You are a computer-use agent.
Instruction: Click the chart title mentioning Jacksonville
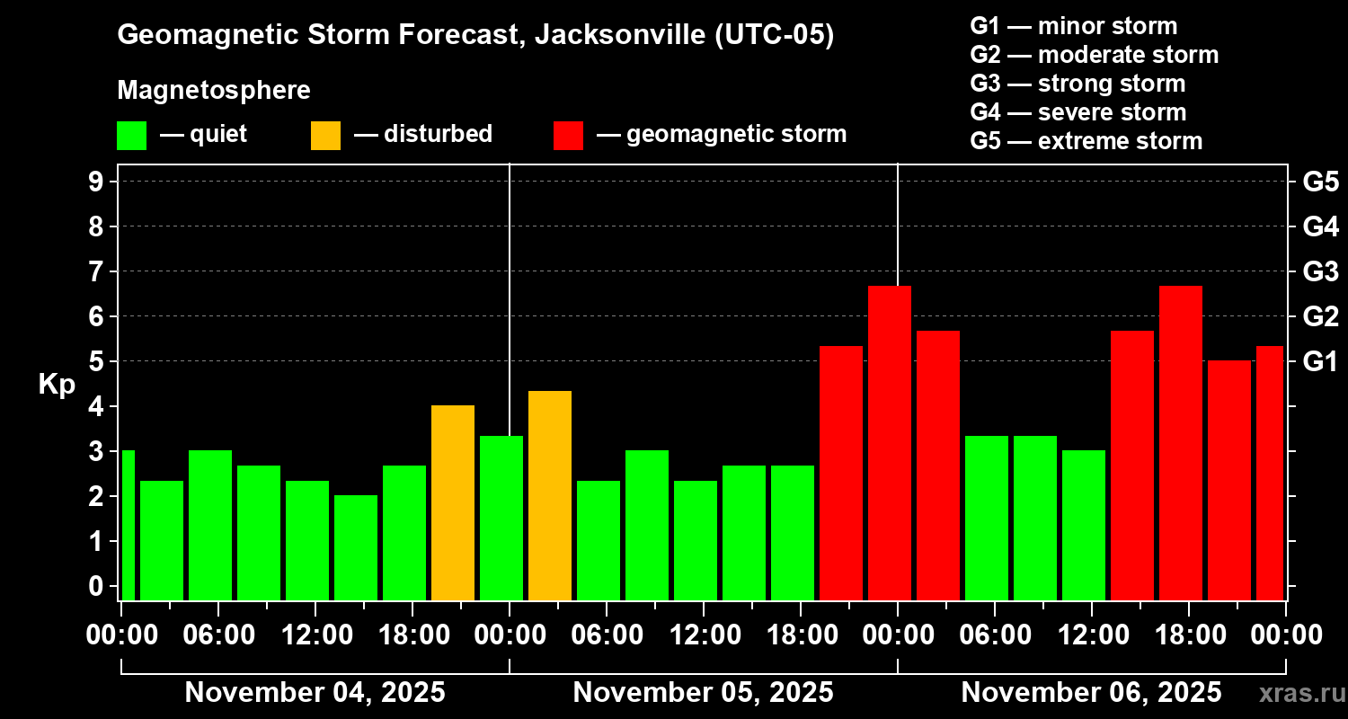tap(475, 35)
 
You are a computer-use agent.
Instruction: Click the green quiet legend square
tap(131, 136)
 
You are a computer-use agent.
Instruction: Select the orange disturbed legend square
tap(325, 136)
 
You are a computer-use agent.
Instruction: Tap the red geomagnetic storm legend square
tap(568, 136)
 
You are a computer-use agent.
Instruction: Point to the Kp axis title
tap(56, 384)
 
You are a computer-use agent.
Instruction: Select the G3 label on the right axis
tap(1320, 271)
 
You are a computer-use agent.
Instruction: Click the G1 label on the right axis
tap(1320, 361)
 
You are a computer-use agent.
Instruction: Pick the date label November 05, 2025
tap(703, 692)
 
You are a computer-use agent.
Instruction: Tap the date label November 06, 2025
tap(1091, 692)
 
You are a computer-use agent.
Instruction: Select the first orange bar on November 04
tap(453, 502)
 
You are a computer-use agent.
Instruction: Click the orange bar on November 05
tap(550, 495)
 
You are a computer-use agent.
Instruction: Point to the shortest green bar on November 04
tap(356, 547)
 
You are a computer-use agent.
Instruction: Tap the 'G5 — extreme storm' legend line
tap(1086, 141)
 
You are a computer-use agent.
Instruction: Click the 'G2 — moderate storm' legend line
tap(1094, 55)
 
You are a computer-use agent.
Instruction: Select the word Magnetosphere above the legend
tap(214, 91)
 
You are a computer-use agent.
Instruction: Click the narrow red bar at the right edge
tap(1269, 473)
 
